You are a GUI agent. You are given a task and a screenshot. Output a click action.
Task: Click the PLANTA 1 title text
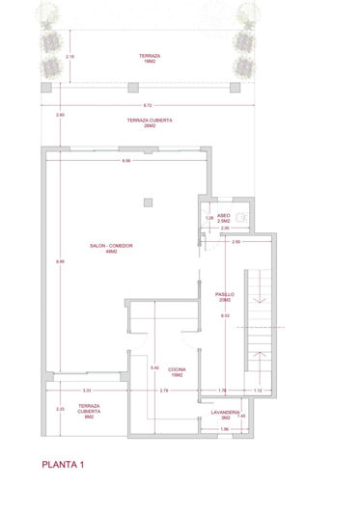click(x=64, y=466)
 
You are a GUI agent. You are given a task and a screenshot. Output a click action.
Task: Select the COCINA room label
click(x=177, y=372)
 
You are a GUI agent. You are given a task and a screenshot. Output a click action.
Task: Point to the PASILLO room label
click(x=224, y=296)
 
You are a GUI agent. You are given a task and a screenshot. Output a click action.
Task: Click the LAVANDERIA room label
click(x=224, y=415)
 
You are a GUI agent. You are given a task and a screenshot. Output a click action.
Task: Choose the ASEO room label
click(x=224, y=219)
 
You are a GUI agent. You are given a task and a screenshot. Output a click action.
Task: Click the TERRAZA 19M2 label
click(x=149, y=59)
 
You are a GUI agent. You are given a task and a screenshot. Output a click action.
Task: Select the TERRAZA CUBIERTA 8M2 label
click(x=89, y=413)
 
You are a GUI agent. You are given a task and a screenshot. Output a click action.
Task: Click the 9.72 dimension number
click(x=146, y=105)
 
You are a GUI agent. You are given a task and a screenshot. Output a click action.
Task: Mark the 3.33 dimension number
click(x=87, y=390)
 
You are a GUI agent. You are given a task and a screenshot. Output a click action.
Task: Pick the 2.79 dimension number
click(x=164, y=390)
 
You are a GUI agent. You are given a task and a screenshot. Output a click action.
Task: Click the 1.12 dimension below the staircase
click(x=257, y=390)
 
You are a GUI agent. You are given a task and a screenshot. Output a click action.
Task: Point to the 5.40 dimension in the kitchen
click(x=154, y=367)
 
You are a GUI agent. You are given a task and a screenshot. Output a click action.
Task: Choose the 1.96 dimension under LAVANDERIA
click(x=224, y=429)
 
